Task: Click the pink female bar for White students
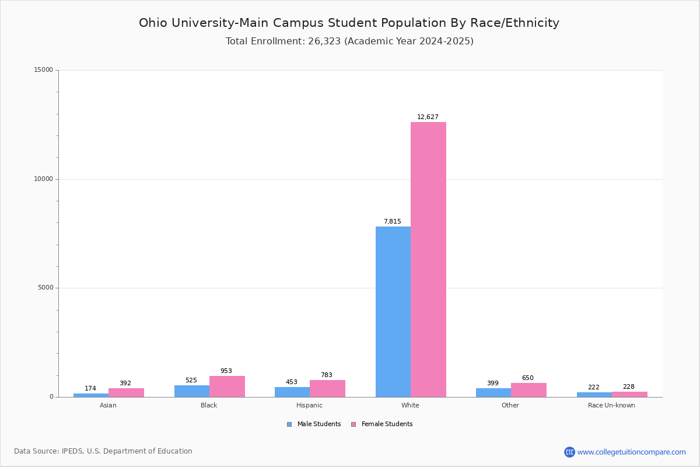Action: pos(428,259)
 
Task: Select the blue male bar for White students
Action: pos(393,312)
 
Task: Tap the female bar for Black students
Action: pos(227,386)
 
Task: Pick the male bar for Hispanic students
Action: pos(292,392)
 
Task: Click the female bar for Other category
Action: pos(528,390)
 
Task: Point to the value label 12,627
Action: pos(428,117)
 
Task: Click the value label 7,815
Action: pos(392,221)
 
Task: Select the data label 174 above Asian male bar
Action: pos(90,388)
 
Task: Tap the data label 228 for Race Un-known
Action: pos(628,386)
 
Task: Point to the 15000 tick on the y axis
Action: pos(44,70)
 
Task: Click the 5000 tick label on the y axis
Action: pos(45,288)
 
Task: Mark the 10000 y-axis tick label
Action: pos(44,179)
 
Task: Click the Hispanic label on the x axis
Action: pos(309,405)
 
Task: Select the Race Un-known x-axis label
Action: pos(611,405)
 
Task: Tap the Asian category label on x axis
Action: pos(108,405)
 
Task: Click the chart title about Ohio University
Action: pos(349,23)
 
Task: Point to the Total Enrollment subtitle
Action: pos(349,41)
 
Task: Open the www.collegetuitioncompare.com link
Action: pos(631,452)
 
